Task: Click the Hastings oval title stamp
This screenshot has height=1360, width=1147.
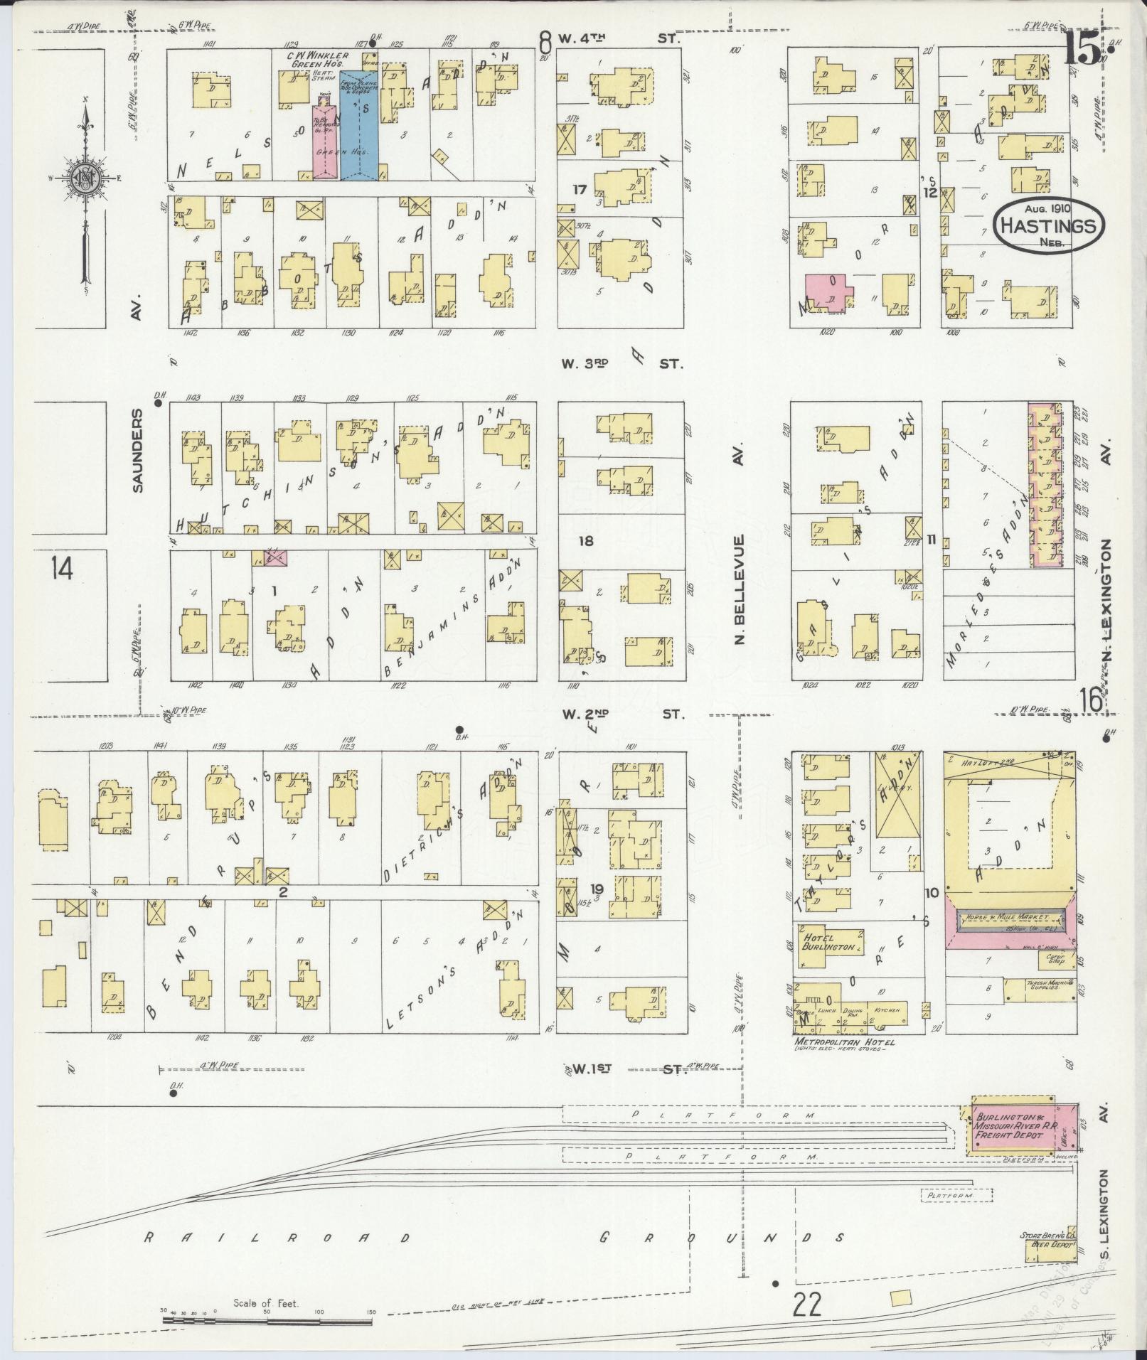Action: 1049,225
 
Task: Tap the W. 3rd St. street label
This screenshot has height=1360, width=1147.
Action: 621,363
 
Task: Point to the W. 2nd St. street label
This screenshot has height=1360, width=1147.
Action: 621,713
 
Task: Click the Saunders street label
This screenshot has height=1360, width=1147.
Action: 137,449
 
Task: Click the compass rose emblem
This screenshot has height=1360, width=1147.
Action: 85,178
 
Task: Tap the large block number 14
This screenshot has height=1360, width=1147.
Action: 63,568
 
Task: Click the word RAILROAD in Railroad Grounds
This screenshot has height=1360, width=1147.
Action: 277,1238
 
